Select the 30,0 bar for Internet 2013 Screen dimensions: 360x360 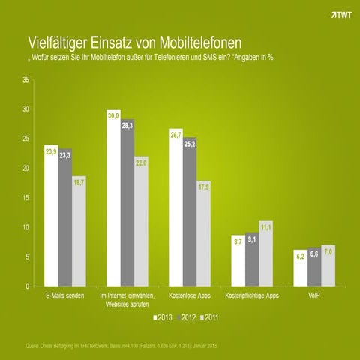[114, 202]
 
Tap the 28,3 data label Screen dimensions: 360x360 [128, 126]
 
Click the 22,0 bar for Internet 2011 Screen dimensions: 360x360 [142, 225]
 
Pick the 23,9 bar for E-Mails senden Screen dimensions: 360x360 [51, 217]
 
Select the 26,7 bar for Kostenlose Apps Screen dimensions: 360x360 [176, 210]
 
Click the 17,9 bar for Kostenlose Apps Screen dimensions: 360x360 [204, 236]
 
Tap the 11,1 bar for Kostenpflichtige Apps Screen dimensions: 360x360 [266, 255]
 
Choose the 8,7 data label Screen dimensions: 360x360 [238, 241]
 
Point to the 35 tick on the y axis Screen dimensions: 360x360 [25, 79]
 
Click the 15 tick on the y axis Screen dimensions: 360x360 [25, 197]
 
